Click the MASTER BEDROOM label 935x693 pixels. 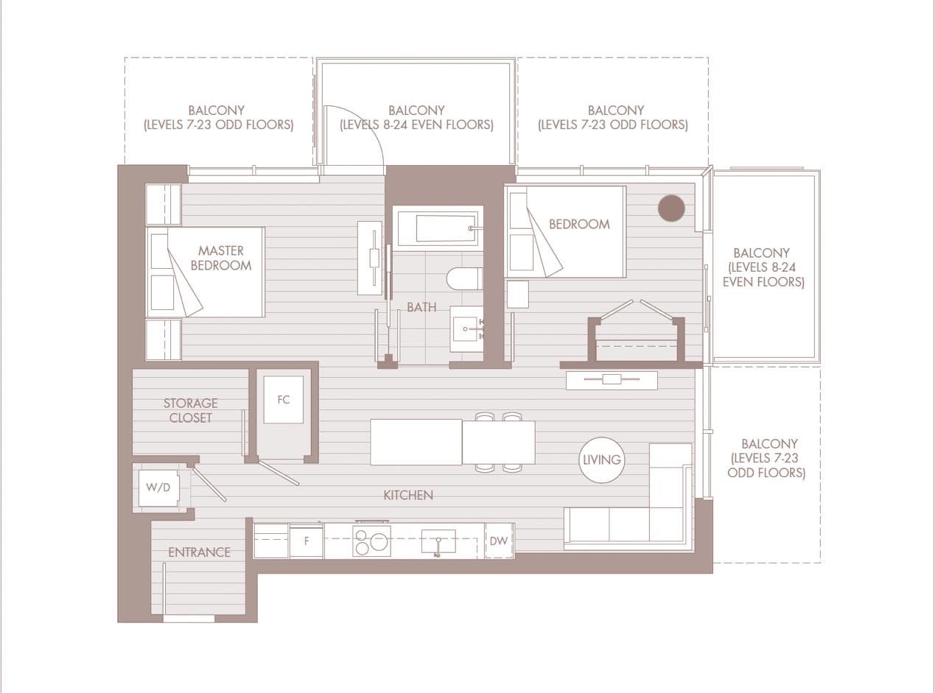pos(221,258)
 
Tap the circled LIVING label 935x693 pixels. pos(601,460)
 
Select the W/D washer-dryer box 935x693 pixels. pos(159,488)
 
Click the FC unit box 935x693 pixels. pos(283,400)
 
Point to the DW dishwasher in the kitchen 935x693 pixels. pos(499,541)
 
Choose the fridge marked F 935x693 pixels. pos(307,541)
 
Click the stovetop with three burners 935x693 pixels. pos(371,541)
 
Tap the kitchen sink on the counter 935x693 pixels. pos(438,541)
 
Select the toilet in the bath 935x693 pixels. pos(464,278)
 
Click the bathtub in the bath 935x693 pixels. pos(438,228)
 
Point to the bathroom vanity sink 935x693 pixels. pos(466,329)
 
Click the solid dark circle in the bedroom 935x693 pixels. pos(671,208)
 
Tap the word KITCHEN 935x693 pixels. pos(408,495)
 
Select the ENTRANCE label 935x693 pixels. pos(199,552)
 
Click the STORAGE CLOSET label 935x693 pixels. pos(191,411)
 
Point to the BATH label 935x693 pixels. pos(421,307)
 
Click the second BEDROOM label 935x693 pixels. pos(579,225)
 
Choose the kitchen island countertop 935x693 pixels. pos(416,442)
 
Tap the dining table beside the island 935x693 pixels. pos(499,442)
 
